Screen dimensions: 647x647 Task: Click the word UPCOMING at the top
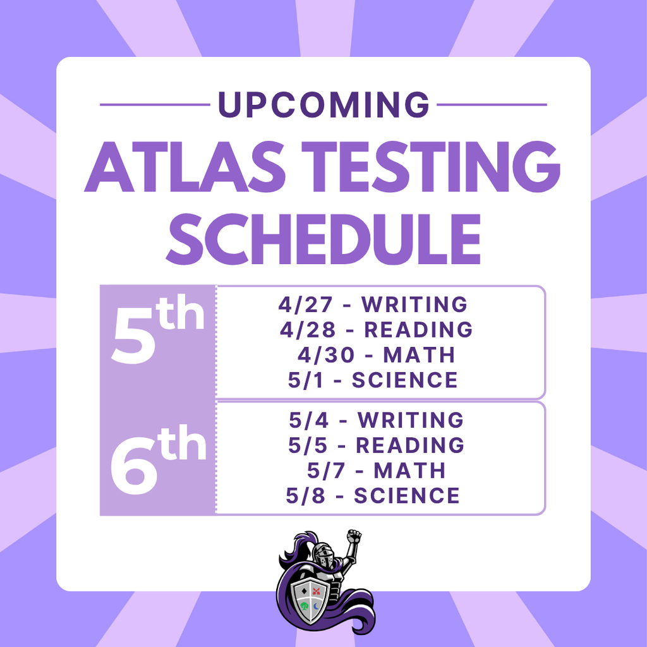(x=323, y=105)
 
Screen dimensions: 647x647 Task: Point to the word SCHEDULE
(x=323, y=239)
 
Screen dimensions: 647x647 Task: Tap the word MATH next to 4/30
(x=419, y=355)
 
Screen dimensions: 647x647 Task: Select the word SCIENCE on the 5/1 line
(x=404, y=380)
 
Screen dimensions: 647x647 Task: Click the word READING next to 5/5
(x=410, y=445)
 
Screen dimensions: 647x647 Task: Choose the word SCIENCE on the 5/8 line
(x=406, y=496)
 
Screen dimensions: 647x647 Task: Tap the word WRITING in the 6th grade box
(x=411, y=420)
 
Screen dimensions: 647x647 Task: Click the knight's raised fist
(x=354, y=538)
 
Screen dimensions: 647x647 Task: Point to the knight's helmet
(x=322, y=555)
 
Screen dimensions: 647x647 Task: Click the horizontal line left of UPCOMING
(x=154, y=105)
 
